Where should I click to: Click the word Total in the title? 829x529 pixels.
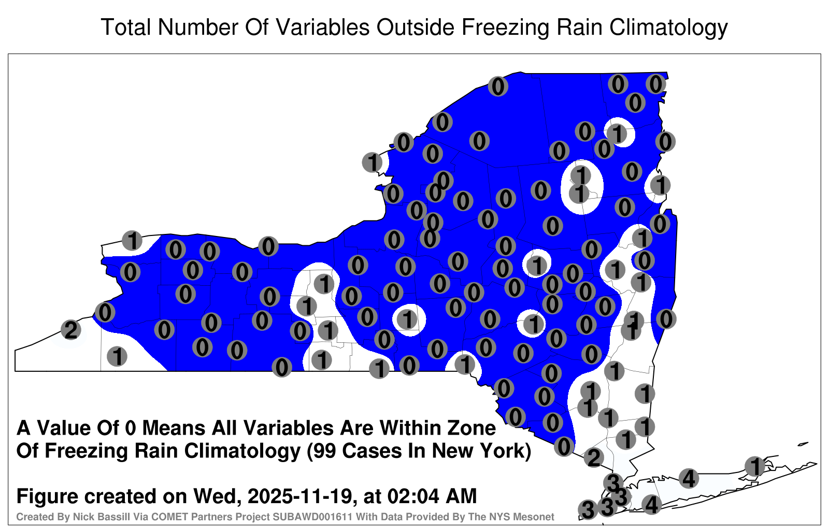[126, 27]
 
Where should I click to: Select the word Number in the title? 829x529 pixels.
[198, 27]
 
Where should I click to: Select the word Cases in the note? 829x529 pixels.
[373, 451]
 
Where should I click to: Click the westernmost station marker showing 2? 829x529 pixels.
[71, 330]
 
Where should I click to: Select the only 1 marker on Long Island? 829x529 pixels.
[754, 466]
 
